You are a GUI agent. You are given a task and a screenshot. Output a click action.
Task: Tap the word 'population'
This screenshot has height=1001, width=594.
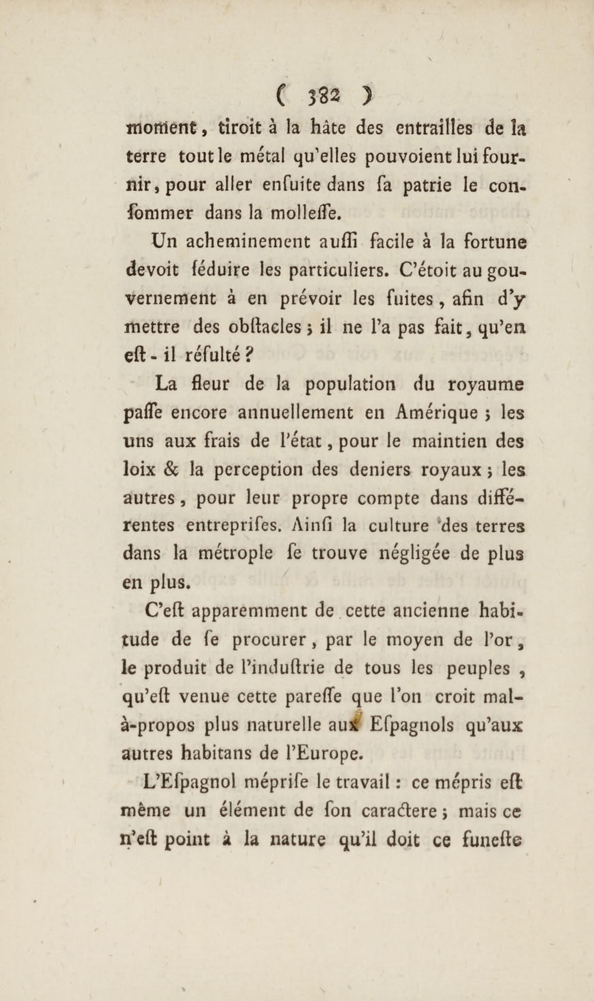pos(351,385)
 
